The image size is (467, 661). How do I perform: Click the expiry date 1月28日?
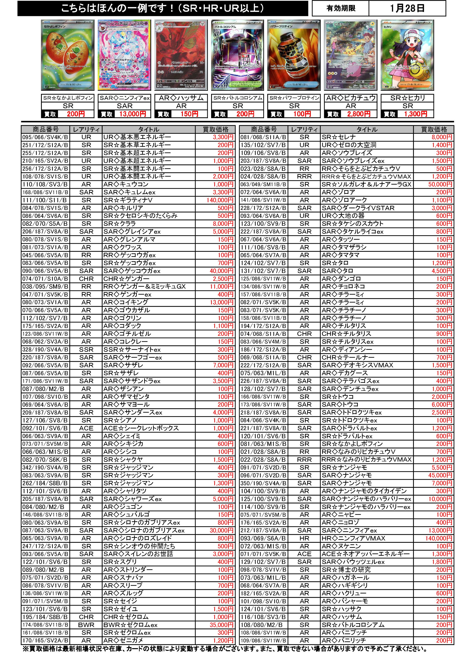tap(407, 8)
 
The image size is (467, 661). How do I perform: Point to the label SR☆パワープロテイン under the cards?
tap(294, 98)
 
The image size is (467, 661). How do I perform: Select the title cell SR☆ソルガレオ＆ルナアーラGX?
tap(366, 184)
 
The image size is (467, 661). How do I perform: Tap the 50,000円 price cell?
tap(440, 184)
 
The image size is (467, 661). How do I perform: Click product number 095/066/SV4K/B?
tap(45, 137)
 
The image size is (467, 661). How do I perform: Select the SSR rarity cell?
tap(86, 349)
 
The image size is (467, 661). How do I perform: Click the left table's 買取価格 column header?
tap(215, 129)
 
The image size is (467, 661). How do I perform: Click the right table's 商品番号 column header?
tap(263, 129)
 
